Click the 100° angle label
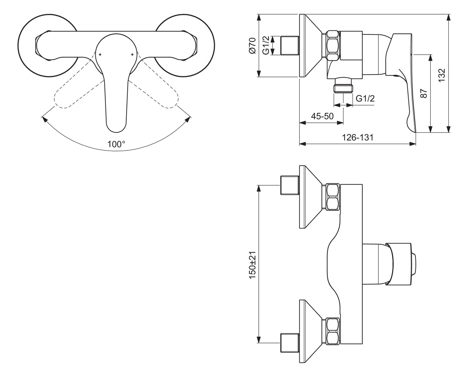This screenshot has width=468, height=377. point(116,144)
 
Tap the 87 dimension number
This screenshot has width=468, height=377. point(424,93)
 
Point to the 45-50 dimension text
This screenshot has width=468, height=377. point(322,116)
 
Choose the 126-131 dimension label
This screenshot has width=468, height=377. point(358,137)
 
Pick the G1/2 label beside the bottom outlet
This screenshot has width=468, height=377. point(365,98)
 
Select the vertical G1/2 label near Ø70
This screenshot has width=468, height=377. point(266,46)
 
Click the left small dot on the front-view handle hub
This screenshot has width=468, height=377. point(100,54)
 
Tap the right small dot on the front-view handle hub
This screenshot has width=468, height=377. point(133,54)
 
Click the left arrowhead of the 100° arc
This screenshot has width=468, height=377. point(44,119)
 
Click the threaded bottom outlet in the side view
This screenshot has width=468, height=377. point(343,88)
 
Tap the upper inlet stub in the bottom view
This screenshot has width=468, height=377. point(289,185)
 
